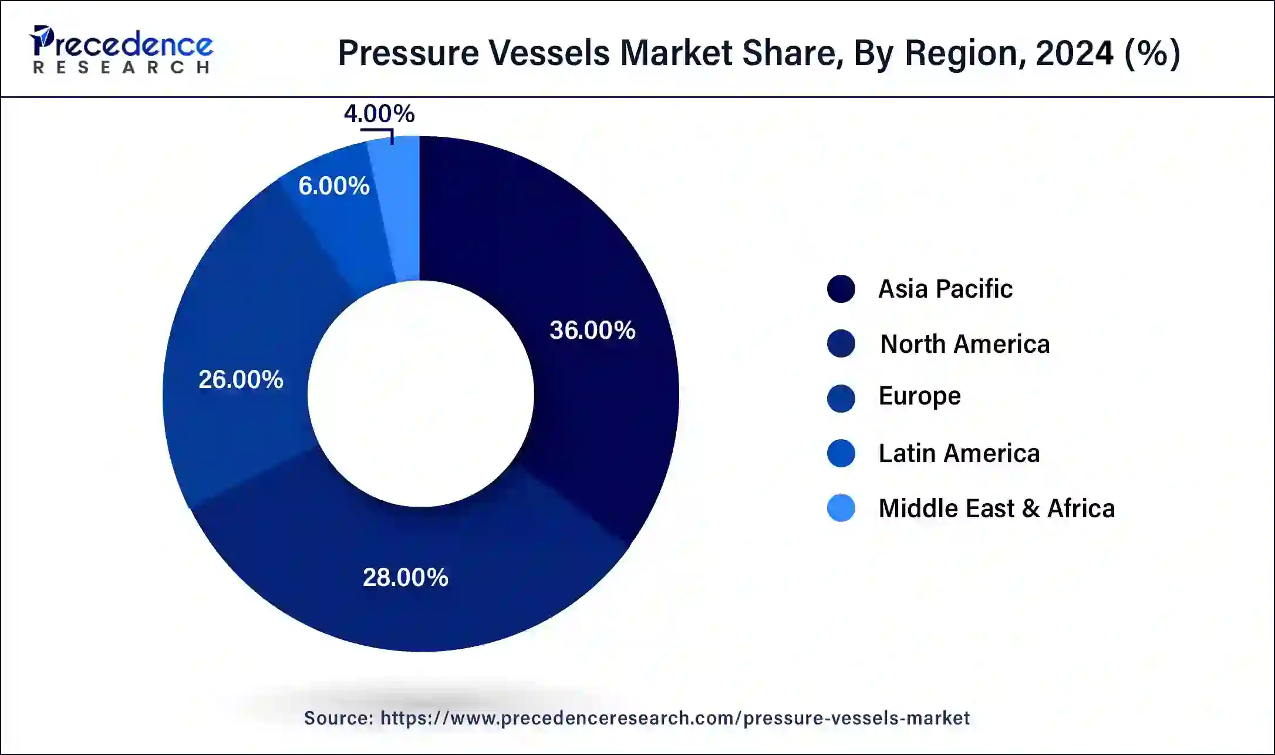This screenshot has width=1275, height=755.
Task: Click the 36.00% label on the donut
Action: pyautogui.click(x=592, y=330)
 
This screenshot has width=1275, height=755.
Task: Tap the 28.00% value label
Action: pyautogui.click(x=406, y=578)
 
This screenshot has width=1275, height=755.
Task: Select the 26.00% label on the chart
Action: pyautogui.click(x=241, y=380)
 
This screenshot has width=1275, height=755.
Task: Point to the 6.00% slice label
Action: pyautogui.click(x=334, y=186)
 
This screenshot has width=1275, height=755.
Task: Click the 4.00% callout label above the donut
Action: pyautogui.click(x=379, y=113)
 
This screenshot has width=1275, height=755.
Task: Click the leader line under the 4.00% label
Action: pyautogui.click(x=379, y=132)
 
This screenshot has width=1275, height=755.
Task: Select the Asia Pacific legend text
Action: pyautogui.click(x=945, y=289)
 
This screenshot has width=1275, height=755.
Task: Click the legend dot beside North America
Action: pyautogui.click(x=841, y=343)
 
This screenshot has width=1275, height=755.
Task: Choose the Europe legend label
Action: pyautogui.click(x=919, y=396)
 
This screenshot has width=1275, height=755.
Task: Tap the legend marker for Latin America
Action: pyautogui.click(x=841, y=453)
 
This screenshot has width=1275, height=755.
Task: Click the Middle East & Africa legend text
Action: pyautogui.click(x=996, y=508)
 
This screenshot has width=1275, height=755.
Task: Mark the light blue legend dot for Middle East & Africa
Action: pyautogui.click(x=841, y=508)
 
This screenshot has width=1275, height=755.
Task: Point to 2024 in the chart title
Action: pyautogui.click(x=1074, y=53)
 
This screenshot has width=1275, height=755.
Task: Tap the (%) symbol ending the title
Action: pyautogui.click(x=1152, y=53)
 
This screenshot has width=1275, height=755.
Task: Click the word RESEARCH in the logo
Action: pyautogui.click(x=122, y=68)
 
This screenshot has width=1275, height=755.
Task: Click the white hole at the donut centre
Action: pyautogui.click(x=421, y=394)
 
